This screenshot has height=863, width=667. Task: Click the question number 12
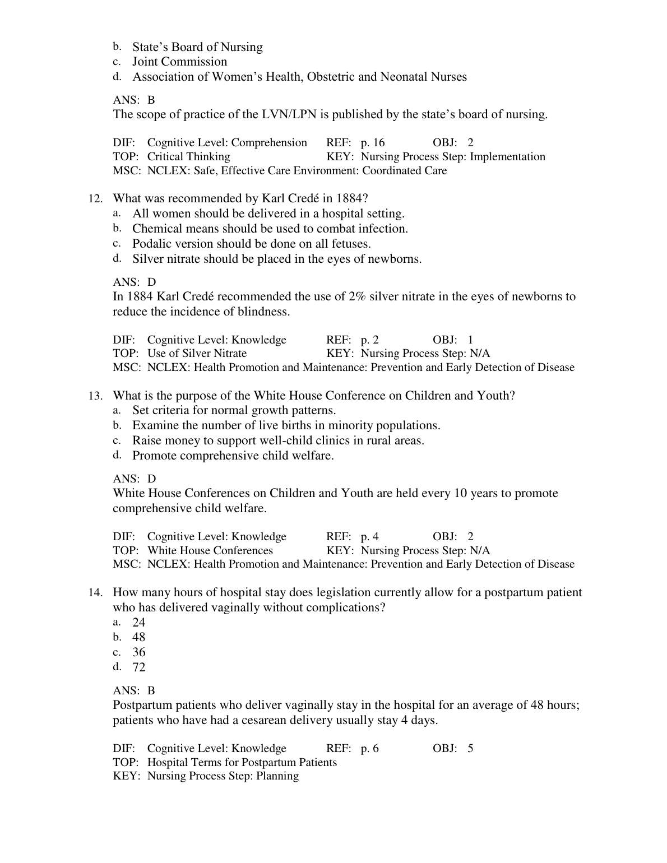tap(95, 199)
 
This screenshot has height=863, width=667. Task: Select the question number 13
tap(95, 396)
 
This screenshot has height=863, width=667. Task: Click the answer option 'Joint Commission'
tap(179, 62)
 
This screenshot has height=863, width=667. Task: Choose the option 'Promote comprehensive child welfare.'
tap(233, 456)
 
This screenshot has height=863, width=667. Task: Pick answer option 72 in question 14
tap(138, 667)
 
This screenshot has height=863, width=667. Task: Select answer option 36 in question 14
tap(138, 652)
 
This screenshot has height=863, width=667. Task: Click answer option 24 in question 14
tap(138, 622)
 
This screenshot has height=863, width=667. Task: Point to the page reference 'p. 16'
tap(373, 143)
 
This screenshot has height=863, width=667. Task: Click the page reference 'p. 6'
tap(369, 749)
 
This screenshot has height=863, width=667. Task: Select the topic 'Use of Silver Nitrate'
tap(197, 354)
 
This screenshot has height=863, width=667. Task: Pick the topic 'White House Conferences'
tap(210, 551)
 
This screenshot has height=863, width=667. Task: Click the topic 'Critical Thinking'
tap(188, 157)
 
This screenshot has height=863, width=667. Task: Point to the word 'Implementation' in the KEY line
tap(507, 157)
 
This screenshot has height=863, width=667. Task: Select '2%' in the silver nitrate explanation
tap(357, 296)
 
